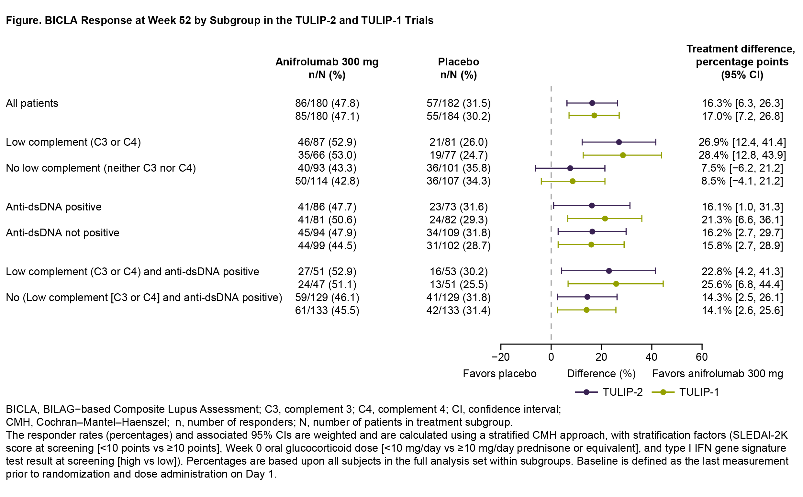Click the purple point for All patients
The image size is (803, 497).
[x=592, y=103]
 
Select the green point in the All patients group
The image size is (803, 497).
[x=594, y=115]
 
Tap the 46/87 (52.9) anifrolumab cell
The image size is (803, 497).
[x=327, y=142]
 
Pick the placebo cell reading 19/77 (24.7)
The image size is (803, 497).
[x=458, y=155]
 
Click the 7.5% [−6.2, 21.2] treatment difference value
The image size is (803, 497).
[x=742, y=168]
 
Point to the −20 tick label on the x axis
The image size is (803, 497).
[x=500, y=357]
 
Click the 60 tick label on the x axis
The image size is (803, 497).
[x=701, y=357]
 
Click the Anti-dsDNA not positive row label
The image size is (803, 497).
[x=62, y=233]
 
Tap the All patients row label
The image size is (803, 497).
[x=32, y=103]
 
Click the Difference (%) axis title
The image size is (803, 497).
[x=601, y=374]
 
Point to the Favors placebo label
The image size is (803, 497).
[x=499, y=374]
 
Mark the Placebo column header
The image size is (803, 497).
[x=458, y=68]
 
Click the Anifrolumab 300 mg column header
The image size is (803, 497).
[x=327, y=68]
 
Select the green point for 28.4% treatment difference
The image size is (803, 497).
[x=623, y=155]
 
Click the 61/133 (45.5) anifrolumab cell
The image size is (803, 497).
[x=327, y=310]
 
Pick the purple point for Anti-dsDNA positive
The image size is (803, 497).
[x=592, y=206]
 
